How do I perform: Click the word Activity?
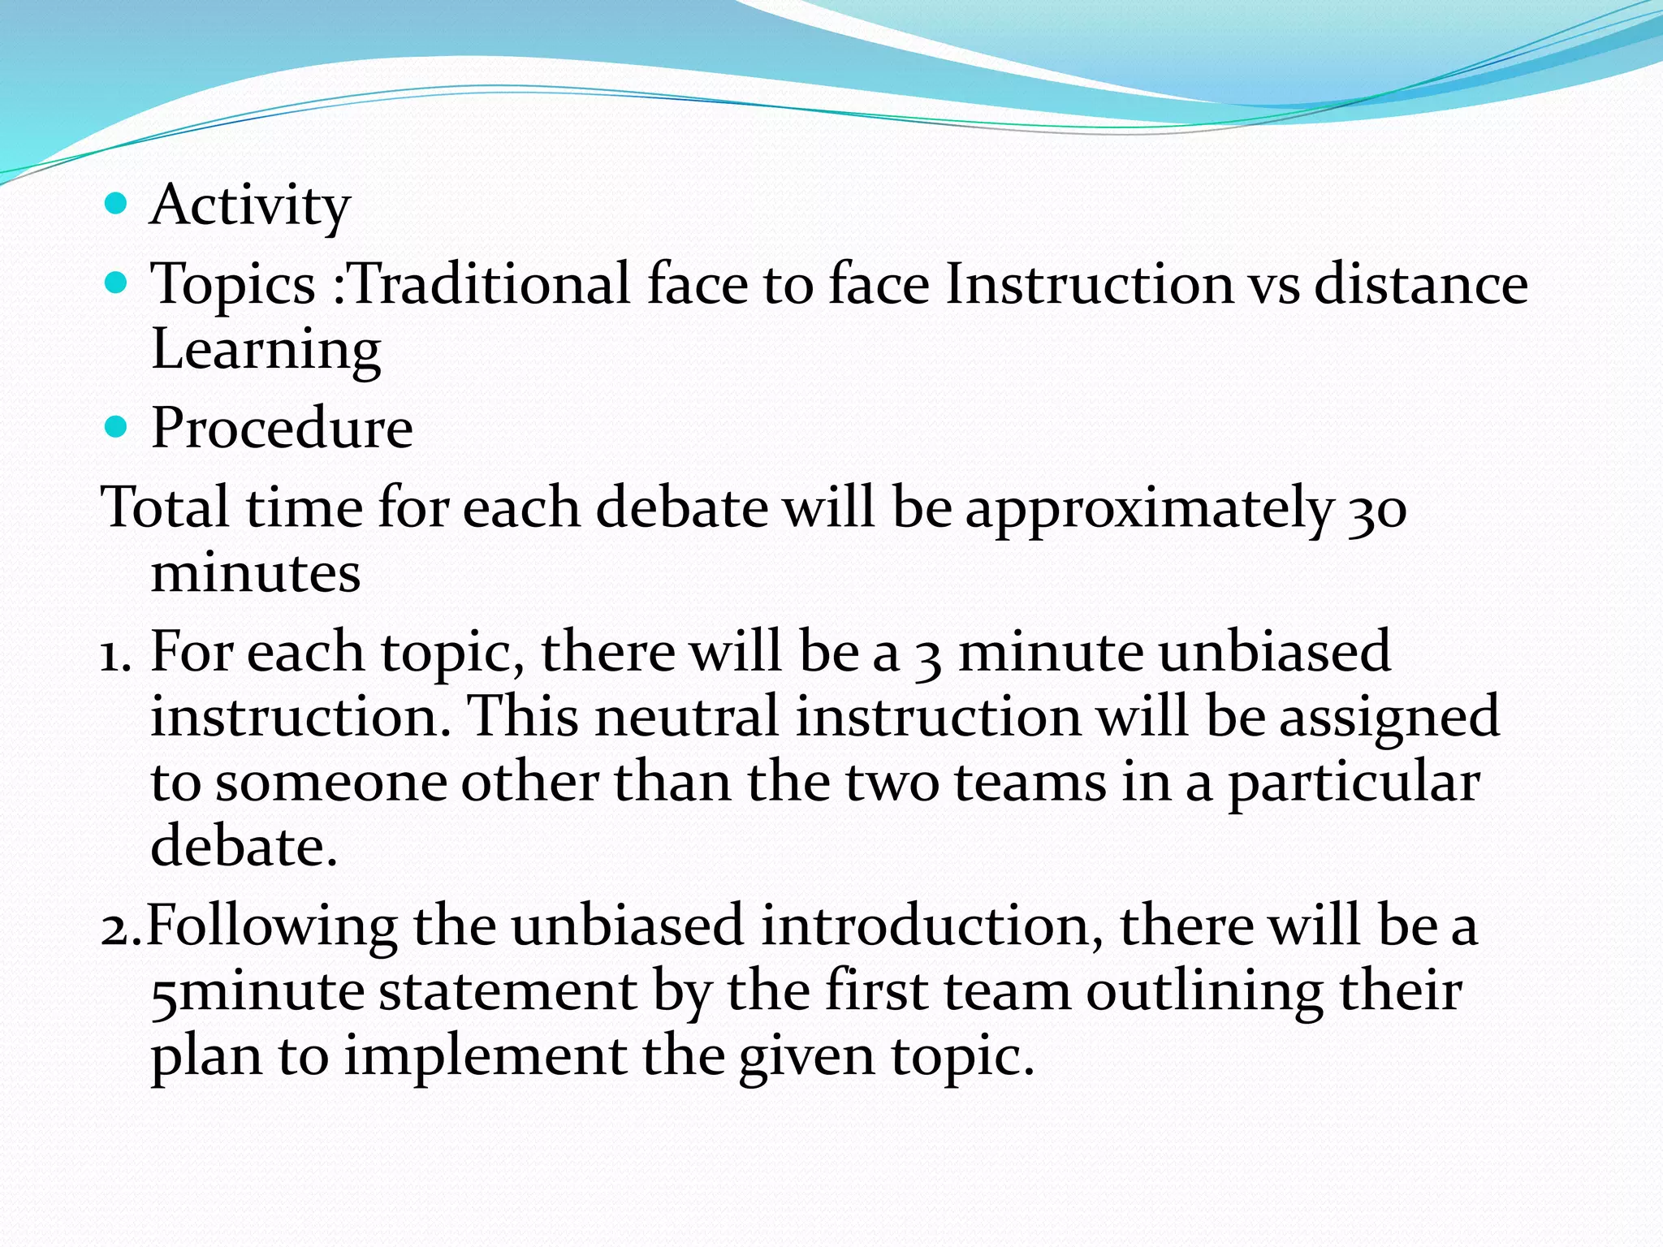pyautogui.click(x=250, y=206)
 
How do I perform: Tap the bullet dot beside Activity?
pyautogui.click(x=117, y=203)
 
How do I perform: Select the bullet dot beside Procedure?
pyautogui.click(x=117, y=426)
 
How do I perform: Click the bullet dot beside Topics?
pyautogui.click(x=117, y=283)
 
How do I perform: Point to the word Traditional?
pyautogui.click(x=490, y=284)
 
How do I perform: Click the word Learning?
pyautogui.click(x=266, y=350)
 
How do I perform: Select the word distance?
pyautogui.click(x=1420, y=284)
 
